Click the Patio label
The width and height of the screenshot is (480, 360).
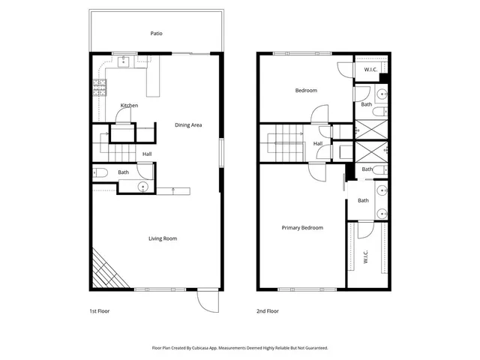point(156,33)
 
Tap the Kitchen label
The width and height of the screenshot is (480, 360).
point(129,106)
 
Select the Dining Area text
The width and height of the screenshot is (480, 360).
point(189,124)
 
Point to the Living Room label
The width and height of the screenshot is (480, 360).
point(162,238)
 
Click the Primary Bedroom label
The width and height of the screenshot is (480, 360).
point(302,227)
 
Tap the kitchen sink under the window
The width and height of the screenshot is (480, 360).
point(124,62)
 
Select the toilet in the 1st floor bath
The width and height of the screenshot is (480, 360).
point(100,173)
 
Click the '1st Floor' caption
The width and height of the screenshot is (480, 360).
point(99,310)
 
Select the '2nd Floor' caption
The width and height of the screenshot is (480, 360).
point(267,310)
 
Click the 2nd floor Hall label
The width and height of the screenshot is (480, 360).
point(318,143)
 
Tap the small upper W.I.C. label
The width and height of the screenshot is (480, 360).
point(370,70)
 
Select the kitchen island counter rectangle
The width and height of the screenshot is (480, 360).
point(154,79)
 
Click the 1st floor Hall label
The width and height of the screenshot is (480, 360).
point(147,154)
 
